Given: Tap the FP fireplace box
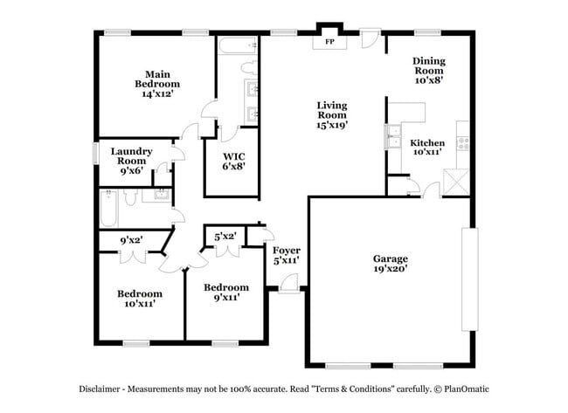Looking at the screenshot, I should (x=330, y=41).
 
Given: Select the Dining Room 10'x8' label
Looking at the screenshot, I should (x=429, y=70).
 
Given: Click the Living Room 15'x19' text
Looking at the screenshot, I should (x=331, y=114).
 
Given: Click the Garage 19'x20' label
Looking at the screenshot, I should (x=390, y=265).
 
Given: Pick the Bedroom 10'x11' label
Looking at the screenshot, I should (x=140, y=299).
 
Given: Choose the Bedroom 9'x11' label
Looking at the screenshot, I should (x=225, y=293).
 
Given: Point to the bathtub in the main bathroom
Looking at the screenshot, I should (x=235, y=47).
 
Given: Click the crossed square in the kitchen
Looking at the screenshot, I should (x=455, y=182).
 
